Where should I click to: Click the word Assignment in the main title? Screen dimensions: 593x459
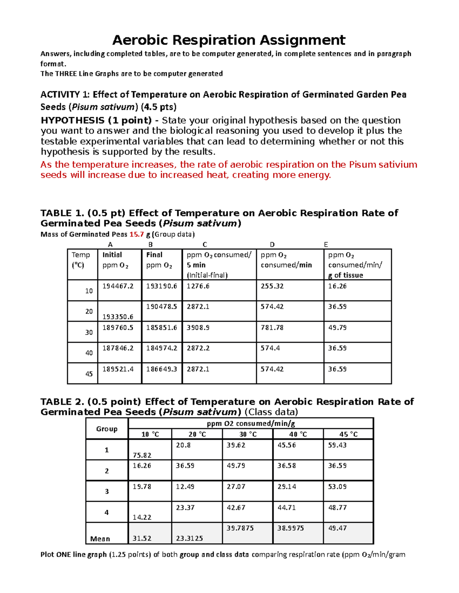coord(302,40)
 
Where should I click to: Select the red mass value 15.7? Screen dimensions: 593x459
coord(136,234)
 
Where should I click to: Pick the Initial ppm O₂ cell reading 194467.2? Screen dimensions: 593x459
coord(118,286)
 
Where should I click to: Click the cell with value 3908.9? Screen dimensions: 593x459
coord(198,328)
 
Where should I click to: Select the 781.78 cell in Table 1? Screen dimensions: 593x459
coord(272,328)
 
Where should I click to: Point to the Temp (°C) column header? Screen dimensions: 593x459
coord(81,260)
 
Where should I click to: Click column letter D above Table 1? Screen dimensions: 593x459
coord(272,245)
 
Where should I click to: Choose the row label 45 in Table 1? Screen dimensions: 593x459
coord(89,374)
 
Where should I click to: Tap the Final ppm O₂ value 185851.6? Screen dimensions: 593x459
coord(161,328)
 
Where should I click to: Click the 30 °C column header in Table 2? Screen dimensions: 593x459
coord(248,434)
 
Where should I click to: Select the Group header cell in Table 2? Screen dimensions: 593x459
coord(107,429)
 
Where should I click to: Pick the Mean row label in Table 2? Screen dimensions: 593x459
coord(100,539)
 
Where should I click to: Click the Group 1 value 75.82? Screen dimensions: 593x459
coord(142,455)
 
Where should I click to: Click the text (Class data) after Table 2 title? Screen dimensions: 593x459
coord(271,412)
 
